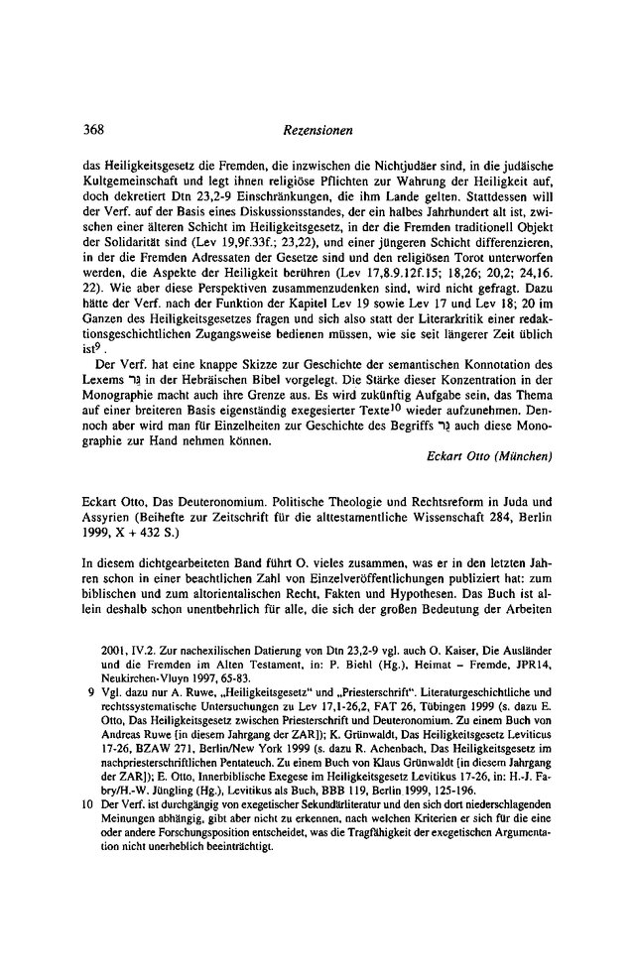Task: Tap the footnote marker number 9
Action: (x=91, y=716)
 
